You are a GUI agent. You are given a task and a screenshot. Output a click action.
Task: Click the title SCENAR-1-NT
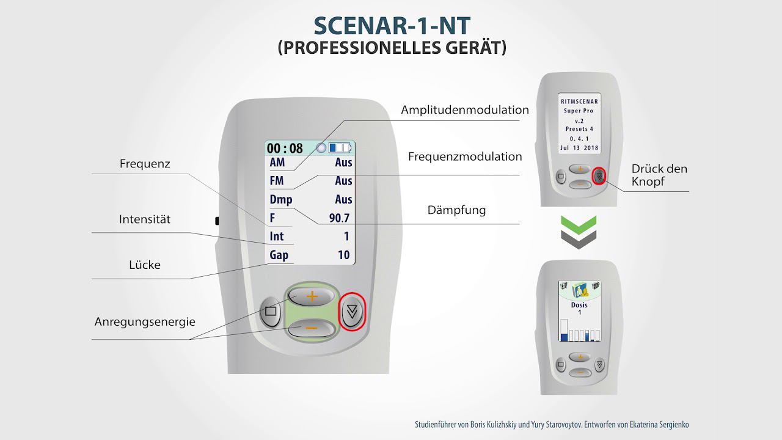(x=392, y=25)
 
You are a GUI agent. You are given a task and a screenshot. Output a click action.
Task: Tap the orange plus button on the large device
(x=312, y=296)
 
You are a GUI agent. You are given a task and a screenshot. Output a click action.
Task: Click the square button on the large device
(x=271, y=311)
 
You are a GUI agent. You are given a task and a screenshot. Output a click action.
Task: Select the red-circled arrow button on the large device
(x=352, y=312)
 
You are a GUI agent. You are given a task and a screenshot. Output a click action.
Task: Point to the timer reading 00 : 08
(x=285, y=148)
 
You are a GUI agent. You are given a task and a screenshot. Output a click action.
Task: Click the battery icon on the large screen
(x=340, y=148)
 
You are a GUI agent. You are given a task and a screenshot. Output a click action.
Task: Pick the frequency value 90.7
(x=339, y=218)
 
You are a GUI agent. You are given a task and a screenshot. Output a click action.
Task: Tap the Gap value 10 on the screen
(x=344, y=255)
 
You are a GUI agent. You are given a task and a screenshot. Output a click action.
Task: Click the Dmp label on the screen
(x=281, y=199)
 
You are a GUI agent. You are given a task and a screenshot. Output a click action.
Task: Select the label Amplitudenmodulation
(x=464, y=110)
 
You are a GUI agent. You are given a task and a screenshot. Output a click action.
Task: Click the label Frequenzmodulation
(x=465, y=157)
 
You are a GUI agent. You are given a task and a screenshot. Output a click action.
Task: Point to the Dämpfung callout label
(x=456, y=210)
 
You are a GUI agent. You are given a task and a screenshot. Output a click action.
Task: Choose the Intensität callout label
(x=145, y=219)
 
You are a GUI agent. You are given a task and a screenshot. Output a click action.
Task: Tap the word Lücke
(x=145, y=265)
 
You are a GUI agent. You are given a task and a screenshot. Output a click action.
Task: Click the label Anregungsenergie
(x=145, y=321)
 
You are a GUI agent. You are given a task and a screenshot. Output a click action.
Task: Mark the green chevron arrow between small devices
(x=578, y=224)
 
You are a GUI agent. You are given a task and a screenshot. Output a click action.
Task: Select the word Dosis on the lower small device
(x=579, y=305)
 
